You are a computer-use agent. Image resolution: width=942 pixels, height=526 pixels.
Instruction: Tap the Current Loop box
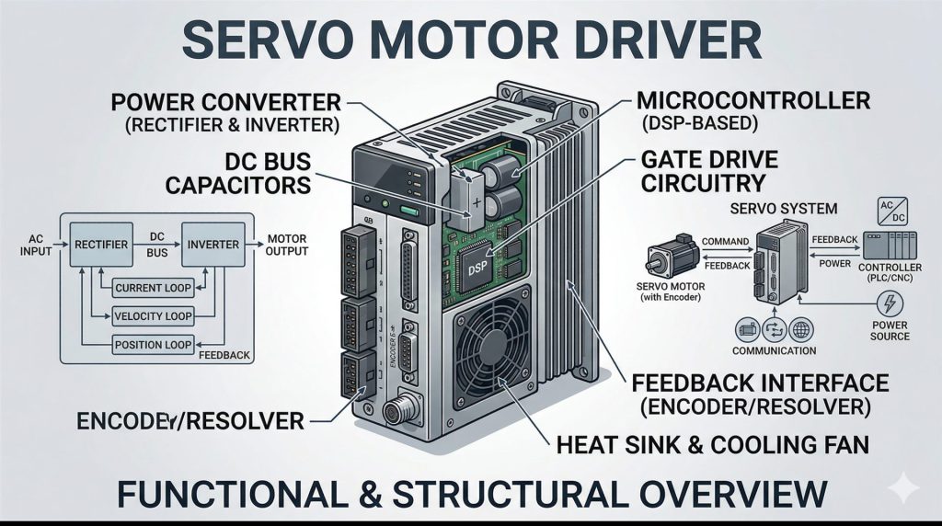tap(153, 289)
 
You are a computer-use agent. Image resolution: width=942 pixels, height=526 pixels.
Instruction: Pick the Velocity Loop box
tap(153, 317)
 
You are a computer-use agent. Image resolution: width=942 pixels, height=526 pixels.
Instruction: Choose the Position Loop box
tap(153, 346)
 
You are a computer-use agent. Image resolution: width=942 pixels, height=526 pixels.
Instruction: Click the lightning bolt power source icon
tap(890, 304)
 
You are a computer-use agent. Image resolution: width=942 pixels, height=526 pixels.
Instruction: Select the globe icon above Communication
tap(799, 330)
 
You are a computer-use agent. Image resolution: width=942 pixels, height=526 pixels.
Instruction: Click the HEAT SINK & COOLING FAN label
tap(712, 446)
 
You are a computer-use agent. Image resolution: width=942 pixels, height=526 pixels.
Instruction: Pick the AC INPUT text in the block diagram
tap(35, 245)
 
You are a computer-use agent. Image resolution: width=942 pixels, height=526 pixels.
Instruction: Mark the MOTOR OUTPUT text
tap(288, 245)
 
